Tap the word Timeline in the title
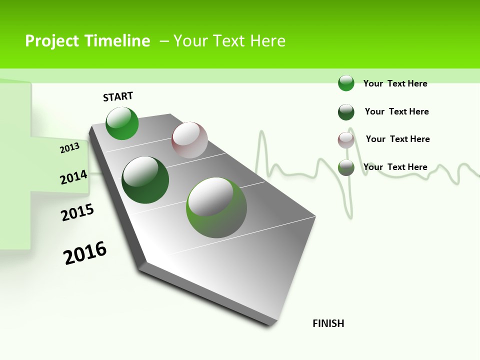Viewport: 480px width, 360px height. tap(120, 41)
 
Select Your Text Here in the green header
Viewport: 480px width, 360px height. tap(229, 41)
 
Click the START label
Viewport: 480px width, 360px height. tap(118, 96)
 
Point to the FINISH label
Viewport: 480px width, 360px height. tap(328, 323)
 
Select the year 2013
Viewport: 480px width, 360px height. tap(69, 148)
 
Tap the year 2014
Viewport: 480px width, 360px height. tap(73, 177)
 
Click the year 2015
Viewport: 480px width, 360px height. tap(77, 212)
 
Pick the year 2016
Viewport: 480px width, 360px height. tap(85, 252)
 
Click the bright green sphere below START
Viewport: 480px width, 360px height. tap(122, 123)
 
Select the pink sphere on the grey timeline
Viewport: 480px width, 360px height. tap(189, 140)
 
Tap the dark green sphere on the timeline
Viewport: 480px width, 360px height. tap(145, 180)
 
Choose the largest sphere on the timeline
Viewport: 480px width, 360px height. tap(216, 207)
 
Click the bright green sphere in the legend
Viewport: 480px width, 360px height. tap(346, 83)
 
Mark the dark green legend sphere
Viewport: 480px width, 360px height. tap(346, 112)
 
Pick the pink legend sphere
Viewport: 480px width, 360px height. tap(346, 140)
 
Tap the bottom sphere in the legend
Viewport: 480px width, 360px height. tap(346, 167)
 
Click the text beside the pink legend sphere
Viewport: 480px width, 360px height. tap(397, 139)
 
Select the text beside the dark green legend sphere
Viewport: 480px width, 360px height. tap(396, 111)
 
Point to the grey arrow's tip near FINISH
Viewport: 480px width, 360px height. tap(272, 322)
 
